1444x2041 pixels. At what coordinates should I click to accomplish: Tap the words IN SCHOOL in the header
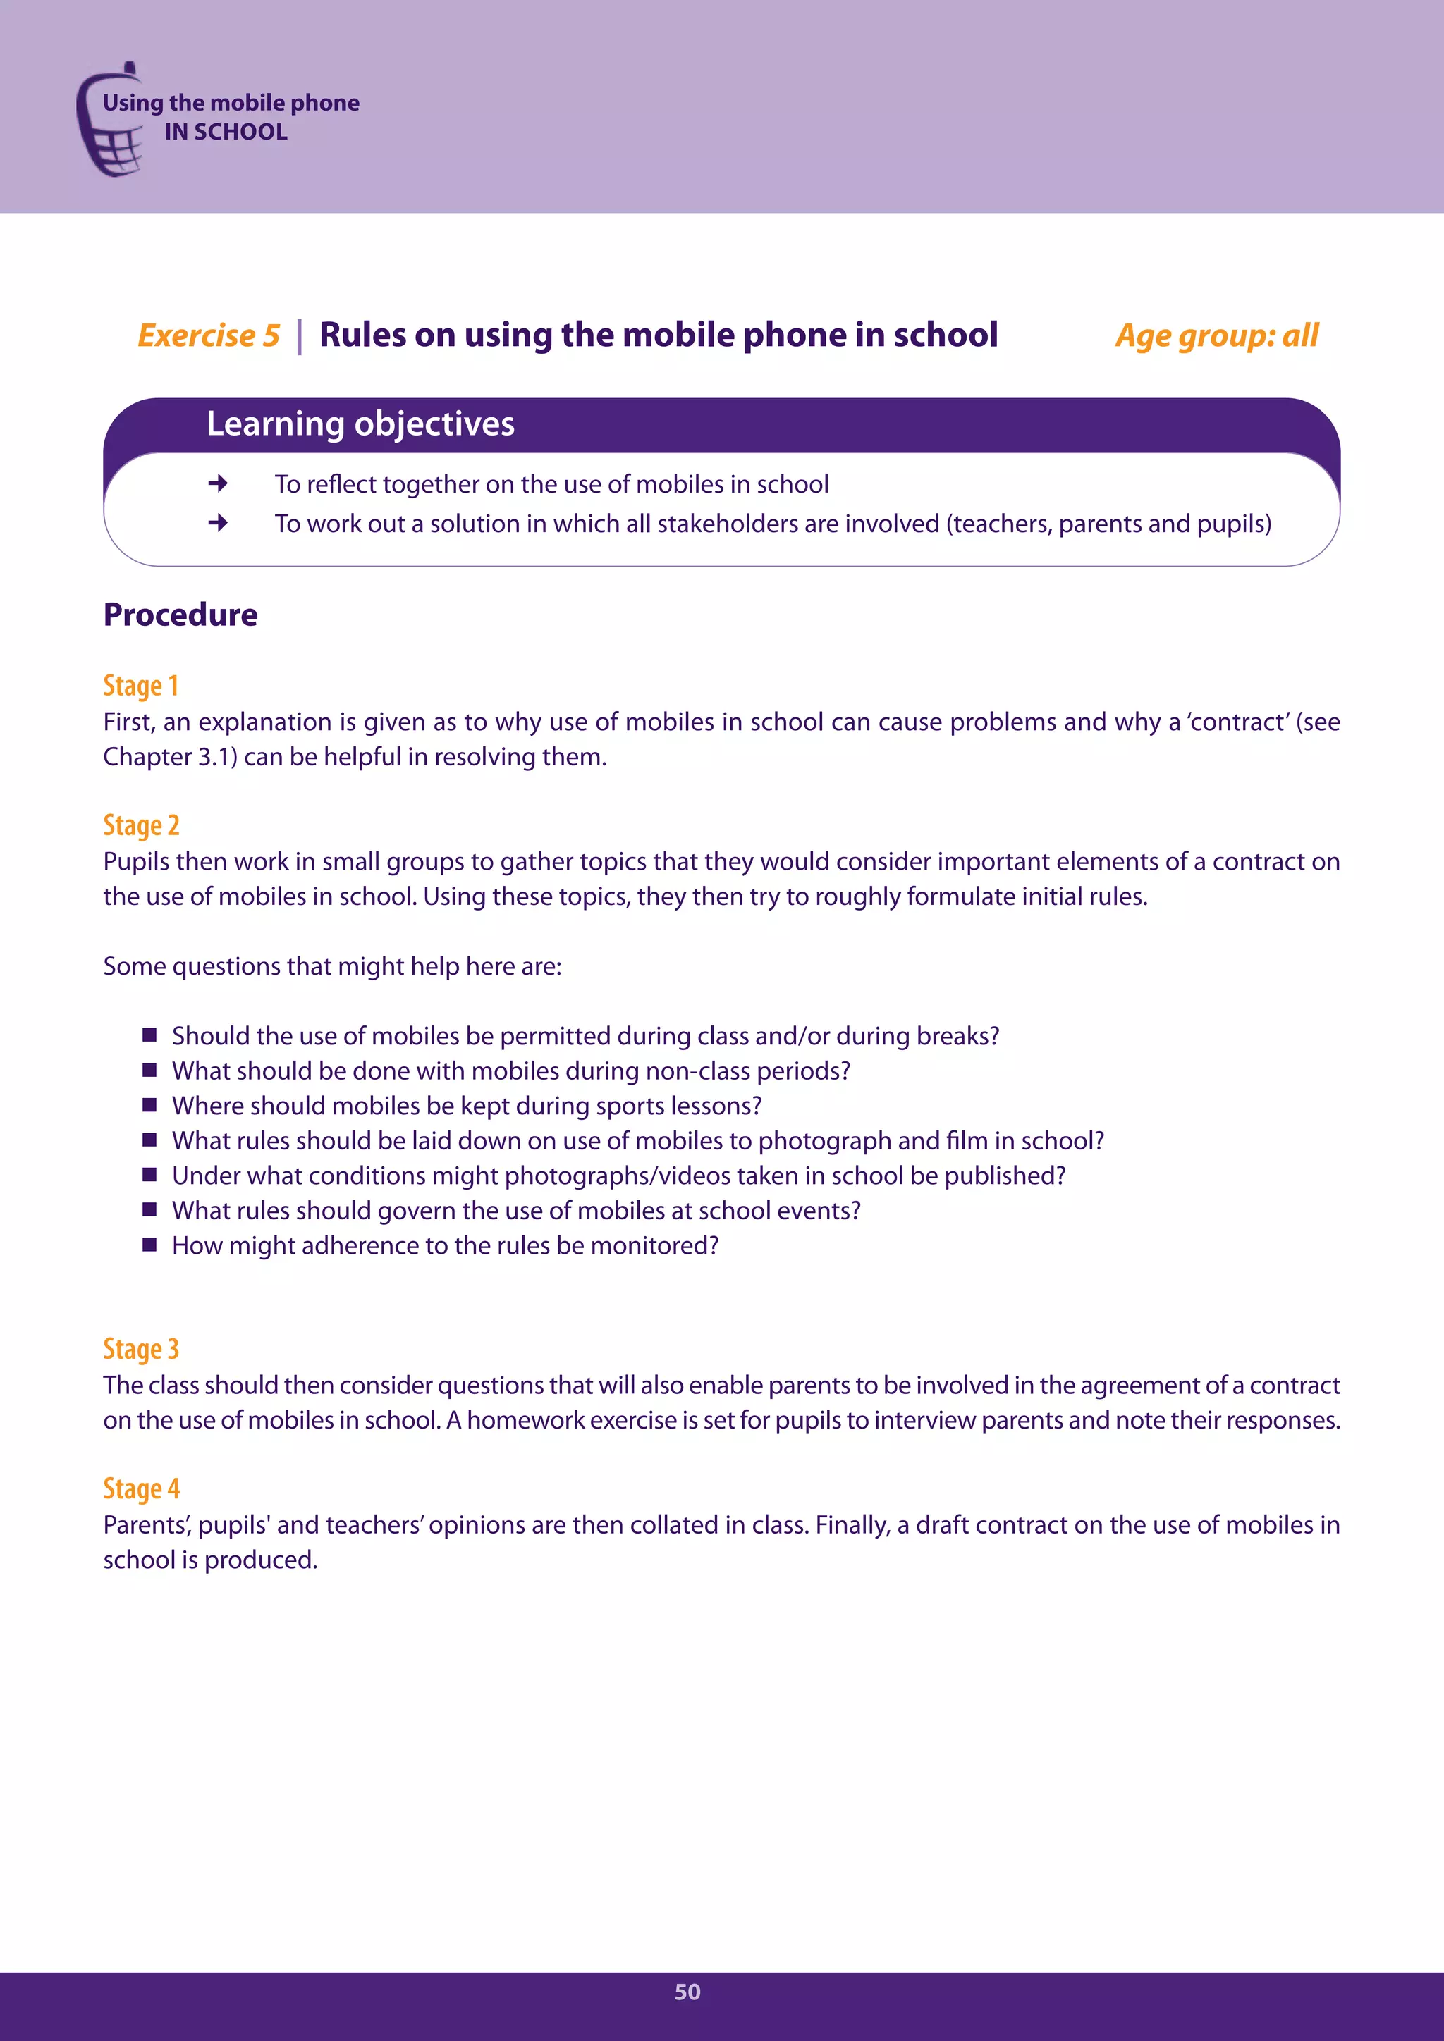[226, 132]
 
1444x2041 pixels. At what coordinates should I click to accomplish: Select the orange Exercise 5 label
[208, 336]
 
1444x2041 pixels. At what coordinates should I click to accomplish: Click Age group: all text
[1216, 336]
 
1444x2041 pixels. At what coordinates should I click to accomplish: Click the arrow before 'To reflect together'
[218, 483]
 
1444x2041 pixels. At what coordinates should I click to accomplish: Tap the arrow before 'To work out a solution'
[218, 523]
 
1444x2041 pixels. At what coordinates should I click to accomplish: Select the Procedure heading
[180, 615]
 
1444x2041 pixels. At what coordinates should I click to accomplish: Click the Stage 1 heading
[140, 685]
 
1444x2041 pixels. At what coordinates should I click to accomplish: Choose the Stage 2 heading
[140, 825]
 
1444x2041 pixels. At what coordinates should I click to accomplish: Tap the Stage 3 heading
[140, 1348]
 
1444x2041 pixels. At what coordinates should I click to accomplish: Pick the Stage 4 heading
[140, 1488]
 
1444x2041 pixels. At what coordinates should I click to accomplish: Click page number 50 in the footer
[687, 1992]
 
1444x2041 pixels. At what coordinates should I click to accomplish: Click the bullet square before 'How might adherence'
[149, 1245]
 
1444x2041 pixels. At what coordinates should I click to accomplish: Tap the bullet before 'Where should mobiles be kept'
[149, 1105]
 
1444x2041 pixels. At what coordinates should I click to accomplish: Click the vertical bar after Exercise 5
[300, 336]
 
